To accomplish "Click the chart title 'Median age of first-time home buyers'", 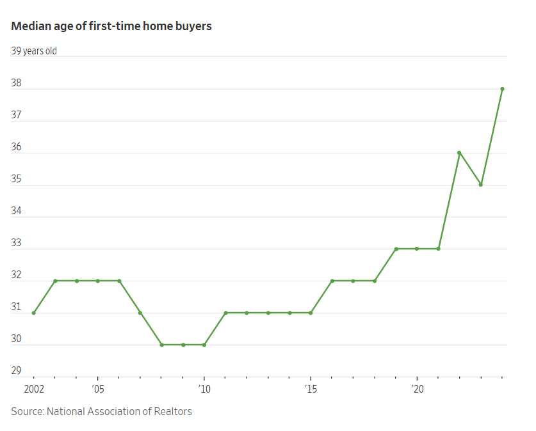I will pos(111,26).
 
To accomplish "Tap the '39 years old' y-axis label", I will pos(34,51).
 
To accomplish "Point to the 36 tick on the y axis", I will pos(17,147).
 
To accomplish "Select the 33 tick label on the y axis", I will pos(17,243).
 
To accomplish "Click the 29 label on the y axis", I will pos(17,371).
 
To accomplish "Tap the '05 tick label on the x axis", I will pos(97,389).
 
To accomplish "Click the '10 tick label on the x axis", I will pos(204,389).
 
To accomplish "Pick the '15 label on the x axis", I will pos(310,389).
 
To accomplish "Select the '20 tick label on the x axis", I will pos(417,389).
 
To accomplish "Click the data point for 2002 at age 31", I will pos(34,313).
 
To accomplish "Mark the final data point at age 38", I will pos(502,89).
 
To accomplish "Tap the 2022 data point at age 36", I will pos(459,153).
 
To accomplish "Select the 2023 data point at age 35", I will pos(481,185).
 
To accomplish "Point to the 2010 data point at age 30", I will pos(204,345).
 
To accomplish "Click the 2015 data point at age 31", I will pos(311,313).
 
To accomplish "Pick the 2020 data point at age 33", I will pos(417,249).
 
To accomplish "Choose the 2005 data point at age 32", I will pos(98,281).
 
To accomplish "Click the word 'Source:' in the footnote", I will pos(28,411).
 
